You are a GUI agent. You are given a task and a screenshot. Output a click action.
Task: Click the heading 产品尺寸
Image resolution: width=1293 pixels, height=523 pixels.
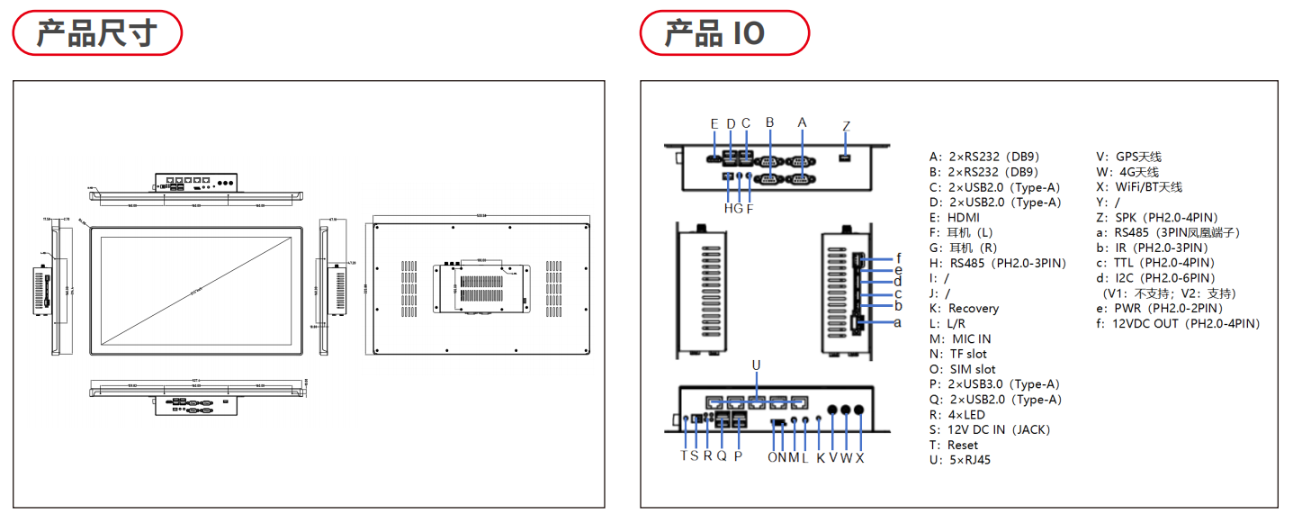96,33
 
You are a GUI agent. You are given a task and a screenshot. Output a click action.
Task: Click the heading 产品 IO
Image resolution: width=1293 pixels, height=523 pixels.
714,33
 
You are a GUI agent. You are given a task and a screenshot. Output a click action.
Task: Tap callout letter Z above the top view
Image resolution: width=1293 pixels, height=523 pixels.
846,126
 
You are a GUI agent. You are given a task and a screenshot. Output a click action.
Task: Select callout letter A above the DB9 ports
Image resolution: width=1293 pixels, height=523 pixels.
803,122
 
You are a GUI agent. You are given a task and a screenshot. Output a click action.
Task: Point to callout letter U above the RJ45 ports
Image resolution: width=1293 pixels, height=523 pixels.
756,365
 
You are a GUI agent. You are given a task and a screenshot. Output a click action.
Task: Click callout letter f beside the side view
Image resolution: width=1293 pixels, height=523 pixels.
898,258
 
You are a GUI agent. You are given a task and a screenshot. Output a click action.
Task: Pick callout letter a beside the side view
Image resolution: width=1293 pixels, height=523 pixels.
897,321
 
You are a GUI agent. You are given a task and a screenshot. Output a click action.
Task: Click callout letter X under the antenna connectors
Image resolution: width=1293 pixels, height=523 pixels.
860,457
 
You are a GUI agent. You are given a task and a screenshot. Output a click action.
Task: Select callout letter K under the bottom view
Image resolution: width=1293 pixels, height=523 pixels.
820,457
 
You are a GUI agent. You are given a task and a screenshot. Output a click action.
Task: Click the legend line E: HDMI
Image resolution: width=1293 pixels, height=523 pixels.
955,217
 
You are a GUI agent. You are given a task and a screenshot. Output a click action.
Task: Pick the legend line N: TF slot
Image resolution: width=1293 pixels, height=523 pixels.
958,354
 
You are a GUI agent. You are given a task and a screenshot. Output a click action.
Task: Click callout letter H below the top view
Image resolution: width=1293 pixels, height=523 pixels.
727,209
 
